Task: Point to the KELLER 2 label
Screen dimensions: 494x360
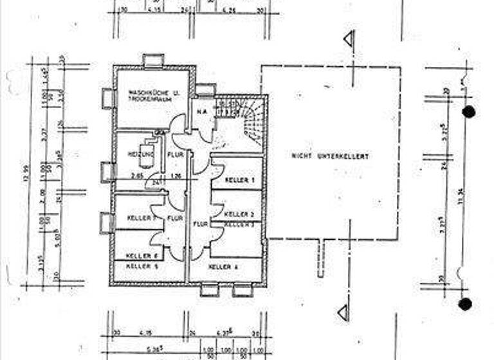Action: point(235,213)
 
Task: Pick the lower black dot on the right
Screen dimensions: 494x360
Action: point(465,303)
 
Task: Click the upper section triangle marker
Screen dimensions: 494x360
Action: point(348,39)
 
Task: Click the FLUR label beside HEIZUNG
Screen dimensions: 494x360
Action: point(174,155)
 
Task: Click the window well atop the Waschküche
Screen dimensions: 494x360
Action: point(154,60)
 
